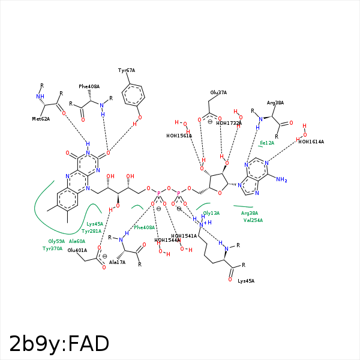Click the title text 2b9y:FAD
tap(59, 344)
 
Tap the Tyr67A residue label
tap(127, 70)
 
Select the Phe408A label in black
tap(89, 86)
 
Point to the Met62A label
tap(41, 119)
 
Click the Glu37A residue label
tap(218, 92)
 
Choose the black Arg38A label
tap(275, 103)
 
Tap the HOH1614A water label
tap(311, 142)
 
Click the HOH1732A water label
tap(229, 123)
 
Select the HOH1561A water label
tap(179, 136)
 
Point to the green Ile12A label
tap(266, 143)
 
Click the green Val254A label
tap(253, 220)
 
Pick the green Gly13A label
tap(211, 213)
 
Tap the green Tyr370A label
tap(52, 248)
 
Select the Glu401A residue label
tap(77, 250)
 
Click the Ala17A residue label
tap(118, 262)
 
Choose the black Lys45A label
tap(246, 281)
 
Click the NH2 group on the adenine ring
tap(281, 179)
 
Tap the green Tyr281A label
tap(92, 231)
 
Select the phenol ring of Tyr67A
tap(133, 94)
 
